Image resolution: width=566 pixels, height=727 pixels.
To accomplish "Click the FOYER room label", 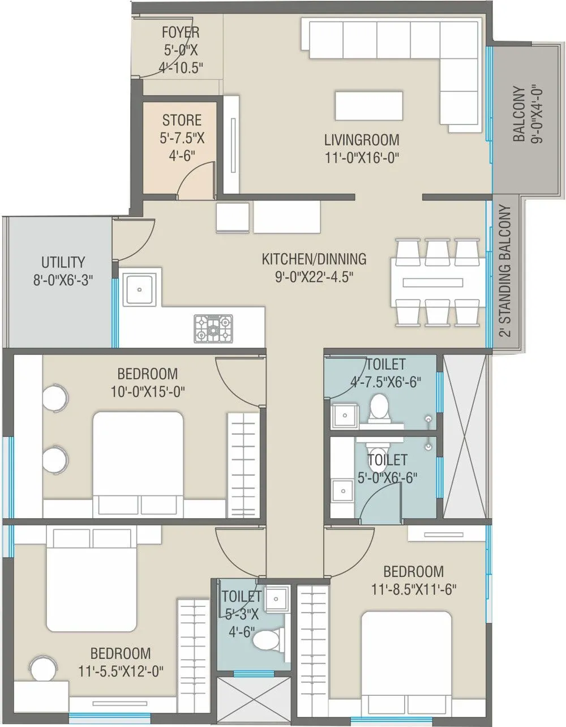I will click(180, 32).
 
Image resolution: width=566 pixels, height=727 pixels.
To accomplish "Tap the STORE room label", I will click(182, 120).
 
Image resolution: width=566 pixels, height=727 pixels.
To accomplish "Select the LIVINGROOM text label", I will click(362, 139).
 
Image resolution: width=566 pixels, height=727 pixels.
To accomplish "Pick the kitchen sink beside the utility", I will click(139, 289).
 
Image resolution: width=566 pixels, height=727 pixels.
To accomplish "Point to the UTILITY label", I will click(63, 262).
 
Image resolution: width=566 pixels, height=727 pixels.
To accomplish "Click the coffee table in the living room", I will click(369, 105).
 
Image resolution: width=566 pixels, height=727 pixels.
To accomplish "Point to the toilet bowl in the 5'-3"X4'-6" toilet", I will click(267, 641).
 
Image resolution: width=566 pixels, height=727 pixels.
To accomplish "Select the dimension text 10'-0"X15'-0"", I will click(148, 391).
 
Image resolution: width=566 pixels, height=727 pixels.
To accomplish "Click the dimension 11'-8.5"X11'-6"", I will click(414, 589).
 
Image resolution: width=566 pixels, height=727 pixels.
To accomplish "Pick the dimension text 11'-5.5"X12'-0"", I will click(121, 672).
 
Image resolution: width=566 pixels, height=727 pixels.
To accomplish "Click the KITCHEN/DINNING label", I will click(314, 259).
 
